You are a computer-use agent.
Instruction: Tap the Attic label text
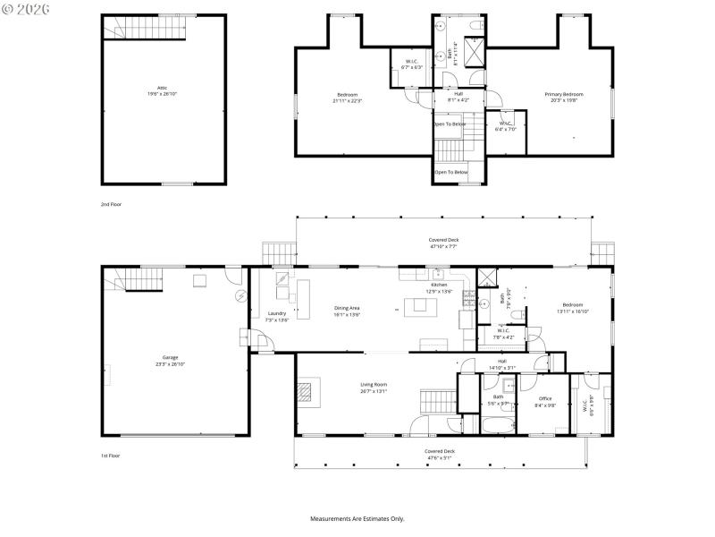click(x=162, y=88)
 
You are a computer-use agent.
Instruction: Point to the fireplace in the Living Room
click(x=306, y=390)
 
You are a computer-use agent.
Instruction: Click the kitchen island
click(x=416, y=307)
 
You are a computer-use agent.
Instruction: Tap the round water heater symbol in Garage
click(x=240, y=296)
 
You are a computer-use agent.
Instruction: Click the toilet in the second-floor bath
click(x=442, y=28)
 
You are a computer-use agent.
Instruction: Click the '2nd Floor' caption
click(x=111, y=204)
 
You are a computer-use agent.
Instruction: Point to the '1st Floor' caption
click(x=110, y=456)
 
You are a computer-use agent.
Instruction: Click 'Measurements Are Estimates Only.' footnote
click(x=357, y=518)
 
